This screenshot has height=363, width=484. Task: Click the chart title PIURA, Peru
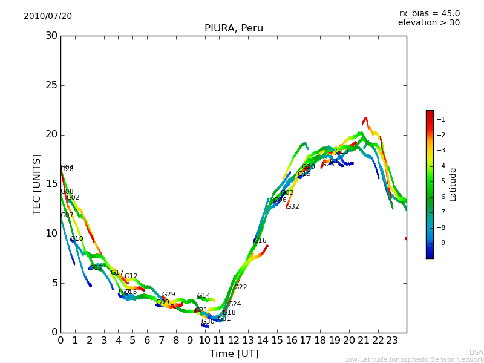(x=234, y=28)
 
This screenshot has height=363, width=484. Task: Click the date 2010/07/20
(x=48, y=16)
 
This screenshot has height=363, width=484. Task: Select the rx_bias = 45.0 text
(x=430, y=13)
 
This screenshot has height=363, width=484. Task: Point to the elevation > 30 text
(x=429, y=23)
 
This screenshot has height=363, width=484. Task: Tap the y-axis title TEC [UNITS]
(x=38, y=184)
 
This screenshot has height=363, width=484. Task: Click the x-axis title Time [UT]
(x=234, y=354)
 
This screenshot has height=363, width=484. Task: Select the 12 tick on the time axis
(x=234, y=340)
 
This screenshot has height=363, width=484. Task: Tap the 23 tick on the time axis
(x=392, y=340)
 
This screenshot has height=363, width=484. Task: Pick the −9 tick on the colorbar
(x=442, y=243)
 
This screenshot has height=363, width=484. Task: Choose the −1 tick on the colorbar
(x=442, y=119)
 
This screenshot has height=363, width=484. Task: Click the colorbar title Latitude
(x=453, y=185)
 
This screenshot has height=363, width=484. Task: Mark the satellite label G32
(x=293, y=207)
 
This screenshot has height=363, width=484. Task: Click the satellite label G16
(x=260, y=241)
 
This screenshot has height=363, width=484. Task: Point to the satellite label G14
(x=204, y=296)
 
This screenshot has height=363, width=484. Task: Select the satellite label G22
(x=241, y=287)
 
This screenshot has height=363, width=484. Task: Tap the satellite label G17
(x=117, y=273)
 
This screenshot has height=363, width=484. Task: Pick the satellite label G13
(x=342, y=152)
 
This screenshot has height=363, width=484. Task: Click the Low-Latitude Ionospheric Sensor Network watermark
(x=414, y=360)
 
